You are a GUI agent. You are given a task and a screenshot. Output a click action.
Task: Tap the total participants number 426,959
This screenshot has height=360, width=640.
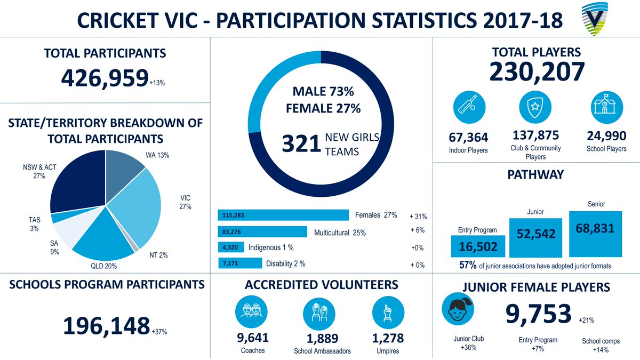click(x=104, y=79)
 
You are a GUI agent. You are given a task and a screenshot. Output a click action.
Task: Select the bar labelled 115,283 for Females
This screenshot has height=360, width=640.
click(x=282, y=215)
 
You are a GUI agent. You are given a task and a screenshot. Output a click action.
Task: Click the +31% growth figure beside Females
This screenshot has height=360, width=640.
click(x=418, y=217)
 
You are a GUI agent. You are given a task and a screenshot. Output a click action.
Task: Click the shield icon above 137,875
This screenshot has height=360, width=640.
click(x=535, y=106)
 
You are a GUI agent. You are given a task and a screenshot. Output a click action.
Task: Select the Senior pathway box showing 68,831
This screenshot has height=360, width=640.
click(x=595, y=233)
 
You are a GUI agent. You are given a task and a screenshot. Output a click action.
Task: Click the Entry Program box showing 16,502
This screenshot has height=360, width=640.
click(x=478, y=246)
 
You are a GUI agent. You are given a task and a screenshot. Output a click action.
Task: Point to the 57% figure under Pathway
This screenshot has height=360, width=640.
click(x=468, y=266)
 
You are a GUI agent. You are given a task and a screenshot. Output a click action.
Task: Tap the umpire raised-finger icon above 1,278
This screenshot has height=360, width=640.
click(x=387, y=314)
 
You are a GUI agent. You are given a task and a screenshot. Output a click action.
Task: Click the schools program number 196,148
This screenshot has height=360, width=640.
click(x=106, y=326)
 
